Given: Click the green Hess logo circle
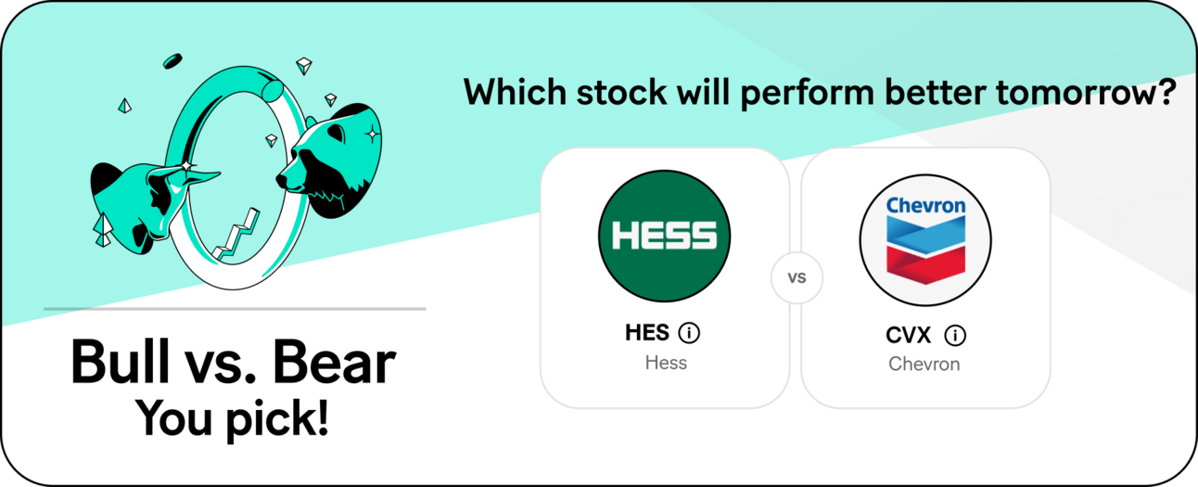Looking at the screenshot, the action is pos(664,236).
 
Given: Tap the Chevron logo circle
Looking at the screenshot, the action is pos(925,240).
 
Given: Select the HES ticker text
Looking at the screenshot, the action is pos(646,333).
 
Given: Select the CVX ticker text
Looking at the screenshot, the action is pos(908,336).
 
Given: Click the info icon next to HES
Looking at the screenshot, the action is pos(689,333).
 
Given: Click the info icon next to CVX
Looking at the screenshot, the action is pos(955,336).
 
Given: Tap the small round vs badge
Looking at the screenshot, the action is pos(797,277).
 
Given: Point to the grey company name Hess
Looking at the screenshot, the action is pos(666,363).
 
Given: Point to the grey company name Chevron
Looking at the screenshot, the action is pos(924,364).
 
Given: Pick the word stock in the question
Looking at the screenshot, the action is pos(621,92).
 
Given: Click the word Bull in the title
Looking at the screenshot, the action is pos(120,362).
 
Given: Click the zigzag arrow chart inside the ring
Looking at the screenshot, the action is pos(236,236).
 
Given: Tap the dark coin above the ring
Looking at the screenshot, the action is pos(172,61).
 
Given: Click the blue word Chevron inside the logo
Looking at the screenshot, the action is pos(925,205).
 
